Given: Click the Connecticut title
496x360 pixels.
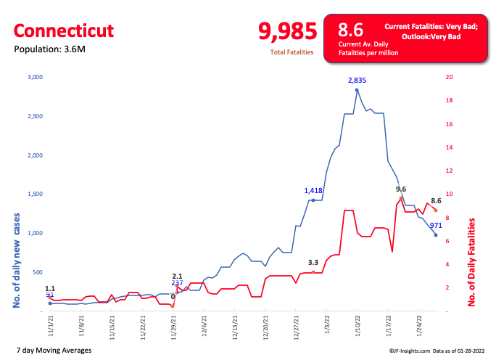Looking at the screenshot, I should [x=64, y=30].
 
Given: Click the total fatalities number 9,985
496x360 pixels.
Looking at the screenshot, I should [x=288, y=31].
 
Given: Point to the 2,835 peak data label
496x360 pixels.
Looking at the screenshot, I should [x=357, y=80].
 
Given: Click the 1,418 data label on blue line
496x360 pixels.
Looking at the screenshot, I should [x=317, y=190].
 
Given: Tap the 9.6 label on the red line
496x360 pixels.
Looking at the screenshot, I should [x=401, y=189].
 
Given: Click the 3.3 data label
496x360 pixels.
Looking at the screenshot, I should [x=313, y=262].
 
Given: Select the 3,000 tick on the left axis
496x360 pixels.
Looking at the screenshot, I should [x=35, y=77].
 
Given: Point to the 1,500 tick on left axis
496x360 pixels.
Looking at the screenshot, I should [x=35, y=195].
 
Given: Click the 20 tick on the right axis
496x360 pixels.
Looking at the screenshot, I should [x=450, y=77].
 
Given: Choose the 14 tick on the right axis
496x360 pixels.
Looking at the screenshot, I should [x=450, y=147].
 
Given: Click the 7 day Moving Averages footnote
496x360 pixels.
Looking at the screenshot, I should [x=53, y=351].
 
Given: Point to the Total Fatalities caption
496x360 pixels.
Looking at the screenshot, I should [x=291, y=52].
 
